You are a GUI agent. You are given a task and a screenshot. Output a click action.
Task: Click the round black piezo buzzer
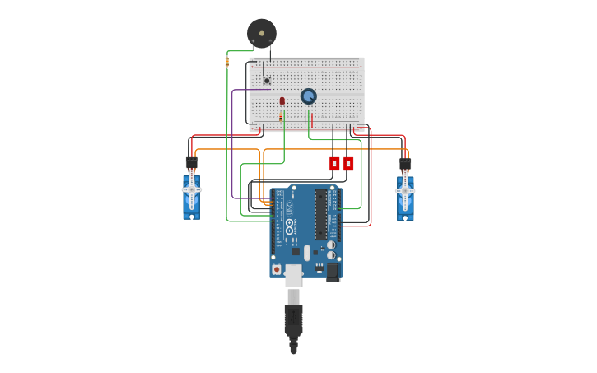[262, 33]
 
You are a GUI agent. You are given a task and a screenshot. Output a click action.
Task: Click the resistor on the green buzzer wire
[227, 61]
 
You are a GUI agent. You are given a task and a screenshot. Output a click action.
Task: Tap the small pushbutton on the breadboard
[267, 80]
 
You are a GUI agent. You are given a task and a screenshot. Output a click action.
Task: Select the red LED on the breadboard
[282, 100]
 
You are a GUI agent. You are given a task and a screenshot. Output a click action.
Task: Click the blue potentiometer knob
[309, 96]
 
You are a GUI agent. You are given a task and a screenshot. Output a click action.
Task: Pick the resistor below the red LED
[282, 118]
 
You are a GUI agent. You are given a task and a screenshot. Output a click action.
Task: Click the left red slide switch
[334, 163]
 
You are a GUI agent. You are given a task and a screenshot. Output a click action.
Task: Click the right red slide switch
[348, 163]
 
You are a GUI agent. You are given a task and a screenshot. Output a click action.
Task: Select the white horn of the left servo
[191, 189]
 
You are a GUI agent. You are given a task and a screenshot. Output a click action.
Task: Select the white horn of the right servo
[405, 190]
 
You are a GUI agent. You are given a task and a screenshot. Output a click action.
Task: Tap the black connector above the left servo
[191, 162]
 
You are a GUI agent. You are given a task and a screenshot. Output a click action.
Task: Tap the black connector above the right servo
[405, 163]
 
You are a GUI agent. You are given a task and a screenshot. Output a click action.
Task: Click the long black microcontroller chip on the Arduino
[320, 215]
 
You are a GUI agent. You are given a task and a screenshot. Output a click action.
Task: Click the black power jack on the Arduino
[333, 271]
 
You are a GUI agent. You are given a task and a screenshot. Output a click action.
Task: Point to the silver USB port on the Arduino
[293, 277]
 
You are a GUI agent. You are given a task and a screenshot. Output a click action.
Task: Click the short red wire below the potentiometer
[312, 119]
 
